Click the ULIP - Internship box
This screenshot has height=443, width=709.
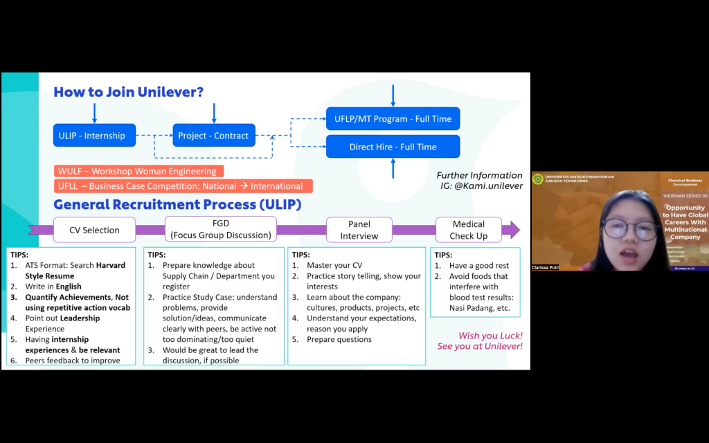[x=94, y=136]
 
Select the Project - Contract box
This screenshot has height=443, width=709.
[x=213, y=136]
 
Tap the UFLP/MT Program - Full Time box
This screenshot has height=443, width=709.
[x=393, y=119]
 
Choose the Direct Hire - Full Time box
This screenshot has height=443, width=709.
[x=393, y=147]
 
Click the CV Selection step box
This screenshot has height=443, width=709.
[x=94, y=230]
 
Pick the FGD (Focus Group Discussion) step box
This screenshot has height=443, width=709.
[x=220, y=229]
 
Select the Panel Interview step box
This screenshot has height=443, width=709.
[x=359, y=230]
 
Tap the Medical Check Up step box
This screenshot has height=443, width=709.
[x=469, y=230]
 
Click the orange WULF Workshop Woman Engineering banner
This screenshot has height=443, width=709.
[x=138, y=171]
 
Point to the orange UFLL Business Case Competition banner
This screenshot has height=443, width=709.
[x=183, y=186]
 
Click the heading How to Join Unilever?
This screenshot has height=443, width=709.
[x=129, y=92]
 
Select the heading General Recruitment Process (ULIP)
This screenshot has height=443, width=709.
[x=177, y=204]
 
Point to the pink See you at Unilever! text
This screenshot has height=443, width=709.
[x=479, y=346]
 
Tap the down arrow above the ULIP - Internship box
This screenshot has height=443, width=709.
[x=95, y=113]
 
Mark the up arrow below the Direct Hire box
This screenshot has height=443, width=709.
[x=393, y=168]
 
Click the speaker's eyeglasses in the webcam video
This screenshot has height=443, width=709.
[x=630, y=230]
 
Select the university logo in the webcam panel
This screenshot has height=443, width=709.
[x=538, y=179]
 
